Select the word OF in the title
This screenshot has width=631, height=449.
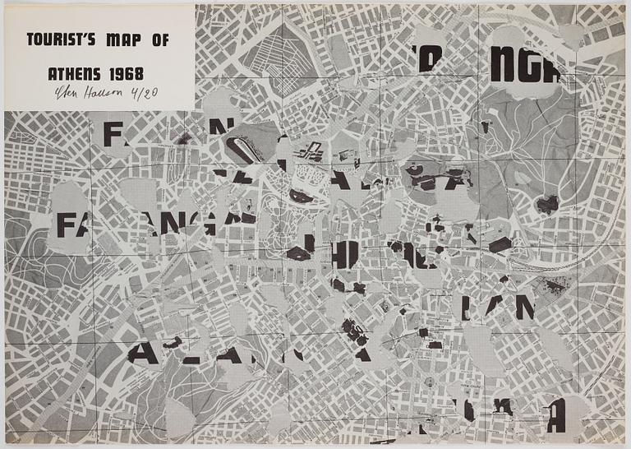[x=157, y=39]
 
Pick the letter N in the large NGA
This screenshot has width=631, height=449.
[x=502, y=69]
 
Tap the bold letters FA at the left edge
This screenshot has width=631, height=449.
[x=71, y=224]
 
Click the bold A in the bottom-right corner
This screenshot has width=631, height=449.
[x=556, y=414]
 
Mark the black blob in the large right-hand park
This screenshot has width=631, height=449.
[x=546, y=204]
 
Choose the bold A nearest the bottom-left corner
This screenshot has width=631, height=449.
[x=144, y=354]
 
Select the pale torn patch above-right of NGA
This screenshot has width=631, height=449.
[x=571, y=35]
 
